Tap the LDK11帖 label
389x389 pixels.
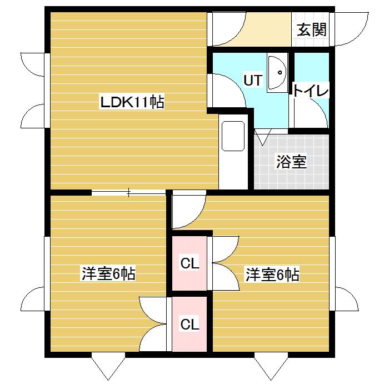click(132, 102)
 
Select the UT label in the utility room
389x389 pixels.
click(252, 80)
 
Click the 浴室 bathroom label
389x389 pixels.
click(292, 162)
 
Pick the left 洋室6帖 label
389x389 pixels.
click(109, 273)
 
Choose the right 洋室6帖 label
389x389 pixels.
click(273, 274)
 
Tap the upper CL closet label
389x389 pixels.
click(190, 264)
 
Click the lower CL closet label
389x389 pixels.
click(190, 324)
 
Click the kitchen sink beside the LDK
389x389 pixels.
click(233, 136)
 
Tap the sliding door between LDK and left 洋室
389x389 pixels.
click(129, 193)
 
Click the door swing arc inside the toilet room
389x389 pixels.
click(314, 114)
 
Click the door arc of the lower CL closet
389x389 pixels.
click(153, 325)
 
